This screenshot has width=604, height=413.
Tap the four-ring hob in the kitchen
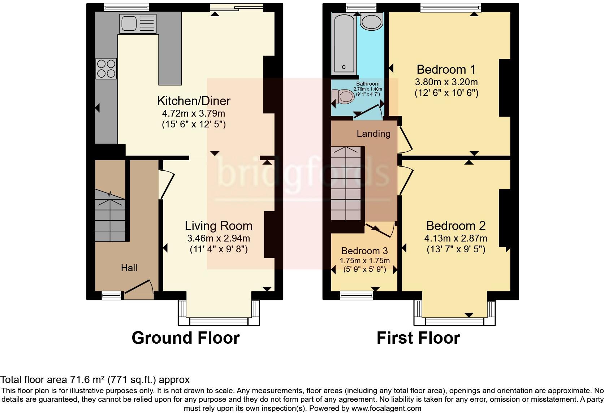pos(106,69)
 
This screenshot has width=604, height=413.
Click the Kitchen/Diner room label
pos(194,101)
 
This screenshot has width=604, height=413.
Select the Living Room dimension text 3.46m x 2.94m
pos(218,238)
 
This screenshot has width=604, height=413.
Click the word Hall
pos(129,268)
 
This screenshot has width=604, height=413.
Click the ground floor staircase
pos(110,217)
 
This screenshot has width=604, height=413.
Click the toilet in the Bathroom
pos(344,97)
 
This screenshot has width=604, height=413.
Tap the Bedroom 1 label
pos(446,69)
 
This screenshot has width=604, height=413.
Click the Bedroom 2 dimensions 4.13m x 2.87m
pos(456,238)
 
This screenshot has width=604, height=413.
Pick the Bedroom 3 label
pos(364,251)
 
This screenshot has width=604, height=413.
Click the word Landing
pos(374,134)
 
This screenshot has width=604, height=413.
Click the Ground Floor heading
pos(185,338)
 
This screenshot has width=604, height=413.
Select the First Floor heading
pos(418,338)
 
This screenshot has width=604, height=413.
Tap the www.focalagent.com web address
pos(386,409)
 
